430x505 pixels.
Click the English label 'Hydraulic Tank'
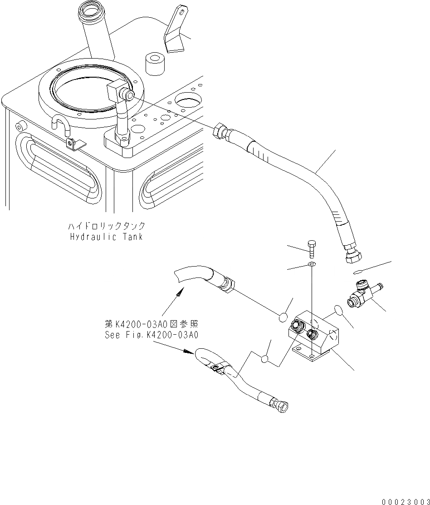coord(107,237)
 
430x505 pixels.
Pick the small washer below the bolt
coord(312,264)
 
